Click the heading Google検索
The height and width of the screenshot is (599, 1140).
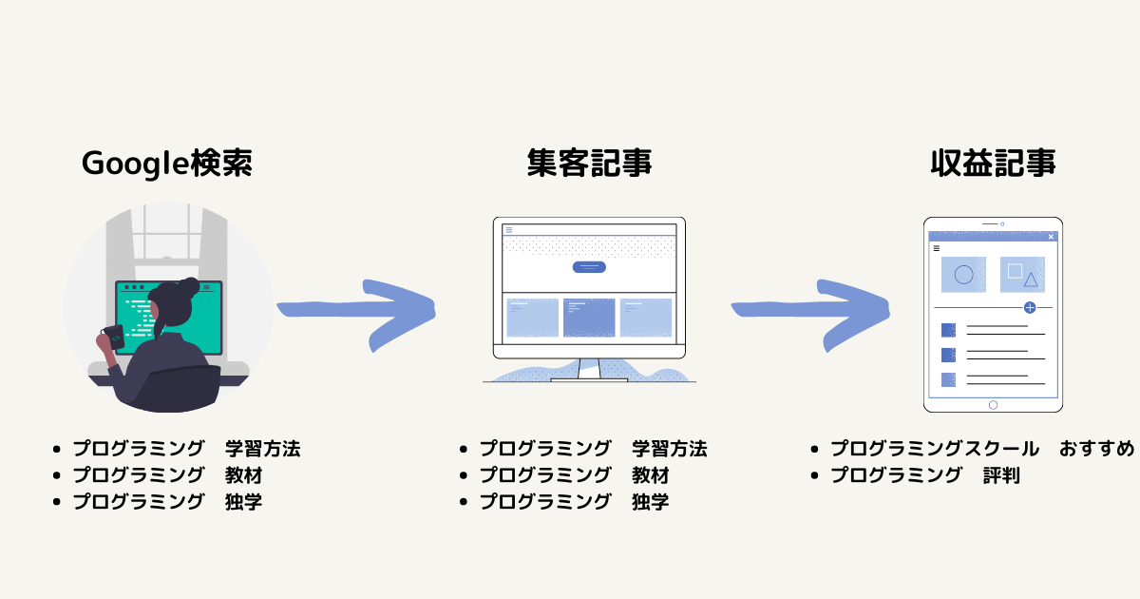click(x=167, y=164)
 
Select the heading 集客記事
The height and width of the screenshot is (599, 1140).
click(x=589, y=164)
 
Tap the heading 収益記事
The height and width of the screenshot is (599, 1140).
click(x=993, y=164)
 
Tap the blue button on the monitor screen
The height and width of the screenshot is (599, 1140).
click(x=589, y=267)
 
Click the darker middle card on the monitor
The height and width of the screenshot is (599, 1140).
click(x=589, y=318)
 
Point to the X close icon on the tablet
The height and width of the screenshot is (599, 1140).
click(x=1051, y=237)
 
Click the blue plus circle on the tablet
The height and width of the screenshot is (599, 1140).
click(x=1030, y=308)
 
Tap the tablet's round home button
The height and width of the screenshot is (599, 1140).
click(x=993, y=405)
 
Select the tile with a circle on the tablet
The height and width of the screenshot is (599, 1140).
click(x=963, y=275)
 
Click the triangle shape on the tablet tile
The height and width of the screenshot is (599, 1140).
click(x=1031, y=280)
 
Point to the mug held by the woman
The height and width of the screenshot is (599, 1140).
click(x=114, y=338)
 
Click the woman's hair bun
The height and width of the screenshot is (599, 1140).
click(x=190, y=287)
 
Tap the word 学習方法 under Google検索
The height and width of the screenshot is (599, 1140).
click(x=262, y=449)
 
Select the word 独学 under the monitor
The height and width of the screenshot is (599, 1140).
click(x=651, y=502)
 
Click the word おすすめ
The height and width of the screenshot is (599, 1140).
click(x=1096, y=449)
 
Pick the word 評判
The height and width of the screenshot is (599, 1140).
click(x=1001, y=475)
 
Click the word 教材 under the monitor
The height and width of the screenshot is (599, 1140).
click(x=651, y=475)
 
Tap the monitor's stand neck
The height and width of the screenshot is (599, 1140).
click(x=589, y=368)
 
